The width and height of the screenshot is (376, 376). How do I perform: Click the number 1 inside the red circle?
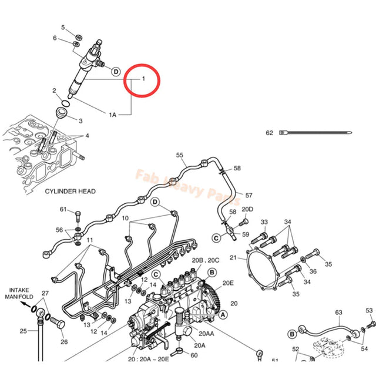coord(142,78)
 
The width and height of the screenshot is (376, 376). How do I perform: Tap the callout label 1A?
coord(112,115)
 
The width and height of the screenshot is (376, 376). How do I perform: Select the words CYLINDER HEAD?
coord(70,191)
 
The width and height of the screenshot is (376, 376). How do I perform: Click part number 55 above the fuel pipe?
coord(180,155)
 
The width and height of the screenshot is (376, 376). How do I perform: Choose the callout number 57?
coord(249,195)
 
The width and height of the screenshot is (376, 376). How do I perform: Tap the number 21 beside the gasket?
coord(233,257)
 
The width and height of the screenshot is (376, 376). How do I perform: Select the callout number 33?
coord(264,221)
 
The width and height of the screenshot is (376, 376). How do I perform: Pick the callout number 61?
coord(63,210)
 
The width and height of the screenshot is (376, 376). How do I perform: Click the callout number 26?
coord(64,342)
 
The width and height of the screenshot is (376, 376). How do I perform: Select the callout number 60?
coord(194,354)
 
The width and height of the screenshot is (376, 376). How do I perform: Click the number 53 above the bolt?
coord(370,310)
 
